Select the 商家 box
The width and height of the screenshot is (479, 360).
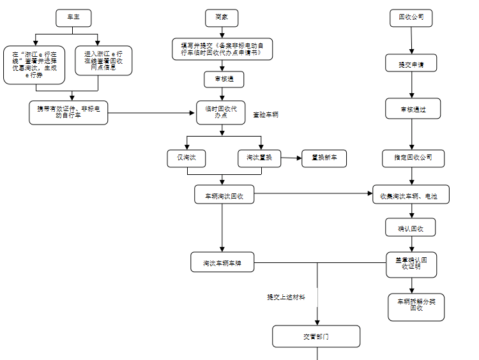[222, 18]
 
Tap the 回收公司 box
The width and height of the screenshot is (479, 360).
[411, 18]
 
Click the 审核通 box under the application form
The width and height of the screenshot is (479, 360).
[224, 79]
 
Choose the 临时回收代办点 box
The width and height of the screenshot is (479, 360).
[221, 112]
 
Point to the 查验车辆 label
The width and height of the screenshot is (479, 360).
[266, 115]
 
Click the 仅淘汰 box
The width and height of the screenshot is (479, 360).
[186, 158]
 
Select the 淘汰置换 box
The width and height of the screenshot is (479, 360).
[259, 158]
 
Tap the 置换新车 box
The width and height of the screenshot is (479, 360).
[324, 158]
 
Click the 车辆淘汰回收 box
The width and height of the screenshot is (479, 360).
[224, 195]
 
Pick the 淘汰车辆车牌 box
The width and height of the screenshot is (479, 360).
[222, 262]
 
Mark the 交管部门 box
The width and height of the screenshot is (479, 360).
[316, 336]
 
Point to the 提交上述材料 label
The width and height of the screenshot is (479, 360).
[286, 297]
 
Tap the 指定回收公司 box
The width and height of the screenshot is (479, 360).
[413, 158]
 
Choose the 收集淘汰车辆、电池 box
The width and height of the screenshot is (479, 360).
[411, 195]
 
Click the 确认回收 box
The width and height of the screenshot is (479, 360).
[411, 227]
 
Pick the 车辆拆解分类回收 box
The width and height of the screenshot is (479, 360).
[416, 306]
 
